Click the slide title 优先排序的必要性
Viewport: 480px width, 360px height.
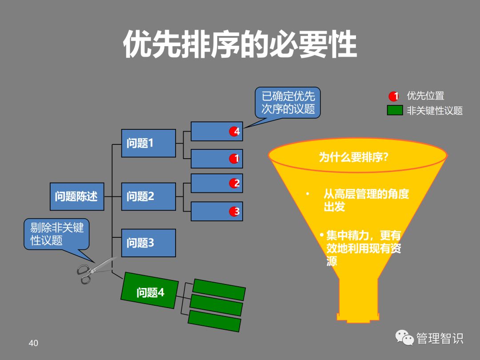(x=240, y=44)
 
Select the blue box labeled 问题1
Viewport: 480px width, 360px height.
(x=148, y=143)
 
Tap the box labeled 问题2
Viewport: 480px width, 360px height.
(x=148, y=196)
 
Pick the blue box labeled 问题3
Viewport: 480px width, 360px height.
(x=148, y=243)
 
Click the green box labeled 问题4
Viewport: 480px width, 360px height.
(x=150, y=292)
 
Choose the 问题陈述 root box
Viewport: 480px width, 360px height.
(x=76, y=196)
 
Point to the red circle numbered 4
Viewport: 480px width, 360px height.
(x=235, y=132)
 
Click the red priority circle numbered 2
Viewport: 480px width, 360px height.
(x=235, y=183)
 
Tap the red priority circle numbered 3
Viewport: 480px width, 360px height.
(x=235, y=212)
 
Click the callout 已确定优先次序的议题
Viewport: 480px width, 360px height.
(x=288, y=102)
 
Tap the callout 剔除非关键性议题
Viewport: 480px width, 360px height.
(x=56, y=234)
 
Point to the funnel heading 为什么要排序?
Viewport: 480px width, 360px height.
(x=354, y=157)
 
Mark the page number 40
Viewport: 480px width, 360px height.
(x=33, y=343)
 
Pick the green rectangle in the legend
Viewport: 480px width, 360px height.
(x=395, y=110)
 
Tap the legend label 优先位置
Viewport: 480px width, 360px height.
(x=425, y=96)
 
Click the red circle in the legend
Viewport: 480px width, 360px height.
(x=394, y=96)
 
